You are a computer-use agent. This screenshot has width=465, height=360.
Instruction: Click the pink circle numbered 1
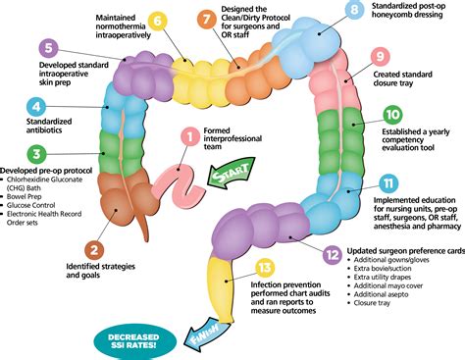point(187,139)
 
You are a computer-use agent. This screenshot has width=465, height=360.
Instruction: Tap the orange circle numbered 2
point(95,251)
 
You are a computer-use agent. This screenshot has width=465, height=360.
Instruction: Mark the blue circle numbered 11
point(389,183)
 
